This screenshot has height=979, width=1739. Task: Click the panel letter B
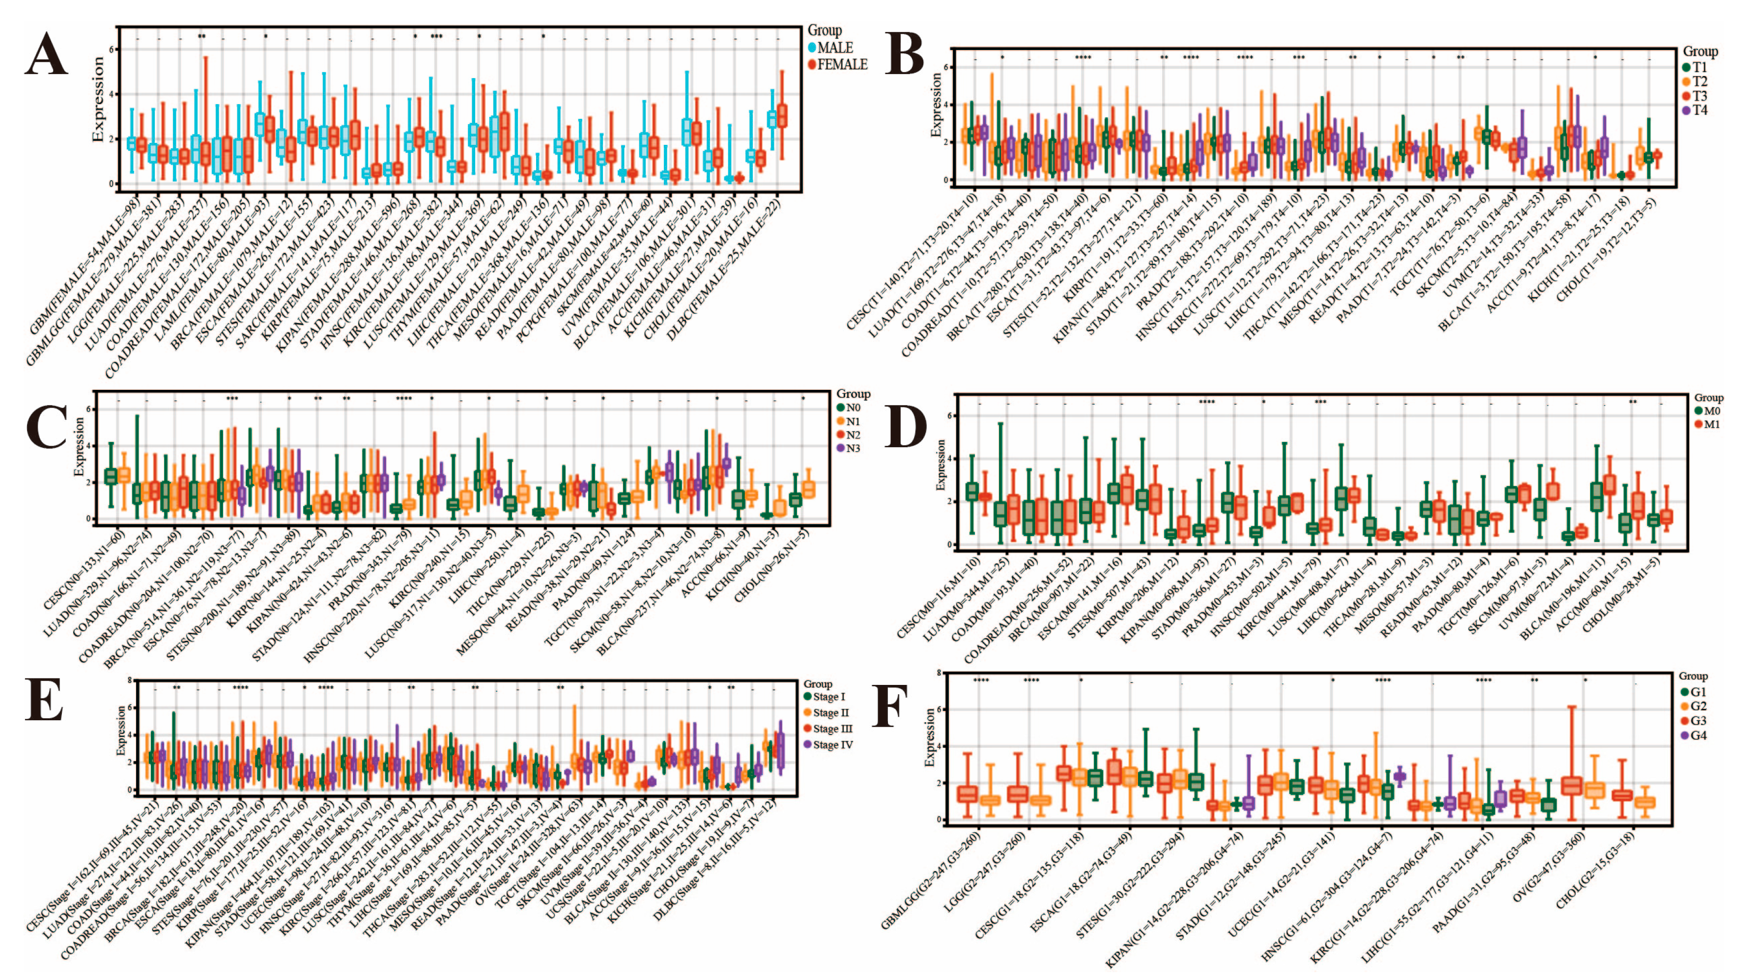(x=904, y=54)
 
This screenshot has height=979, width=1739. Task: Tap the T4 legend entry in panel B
(x=1700, y=109)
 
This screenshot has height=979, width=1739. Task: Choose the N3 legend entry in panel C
(x=853, y=448)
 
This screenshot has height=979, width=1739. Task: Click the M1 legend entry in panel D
(x=1712, y=424)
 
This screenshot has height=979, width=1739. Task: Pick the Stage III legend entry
(x=832, y=729)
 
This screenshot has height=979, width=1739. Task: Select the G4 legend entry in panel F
(x=1698, y=735)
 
